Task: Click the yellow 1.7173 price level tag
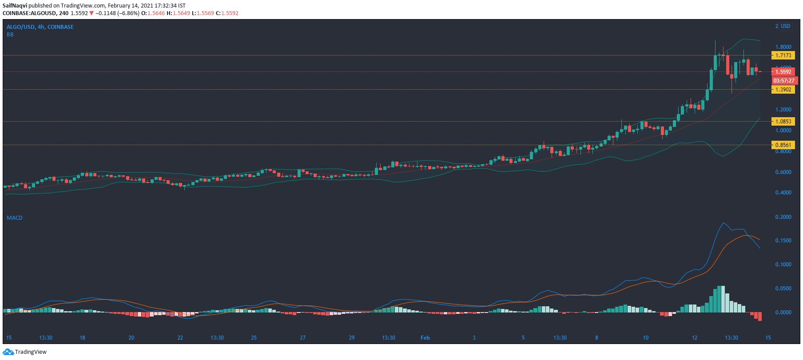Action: tap(783, 55)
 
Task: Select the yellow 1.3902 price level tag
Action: tap(783, 89)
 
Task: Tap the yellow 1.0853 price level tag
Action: tap(783, 121)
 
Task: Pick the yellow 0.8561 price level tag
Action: tap(783, 145)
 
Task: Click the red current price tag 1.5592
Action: tap(783, 71)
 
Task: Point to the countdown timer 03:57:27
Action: tap(784, 81)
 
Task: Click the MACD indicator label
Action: tap(14, 218)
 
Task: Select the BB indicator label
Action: tap(10, 34)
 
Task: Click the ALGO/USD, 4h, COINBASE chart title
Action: tap(40, 27)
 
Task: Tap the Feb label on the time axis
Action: tap(425, 337)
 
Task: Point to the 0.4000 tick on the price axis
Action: tap(783, 193)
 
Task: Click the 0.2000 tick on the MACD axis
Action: tap(783, 217)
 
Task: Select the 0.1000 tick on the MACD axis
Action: tap(783, 265)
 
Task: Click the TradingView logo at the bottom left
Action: tap(25, 352)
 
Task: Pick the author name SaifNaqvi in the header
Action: tap(15, 6)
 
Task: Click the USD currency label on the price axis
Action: tap(786, 26)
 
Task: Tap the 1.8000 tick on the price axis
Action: tap(783, 47)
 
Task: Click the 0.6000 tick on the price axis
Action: tap(783, 172)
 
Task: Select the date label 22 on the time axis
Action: tap(180, 337)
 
